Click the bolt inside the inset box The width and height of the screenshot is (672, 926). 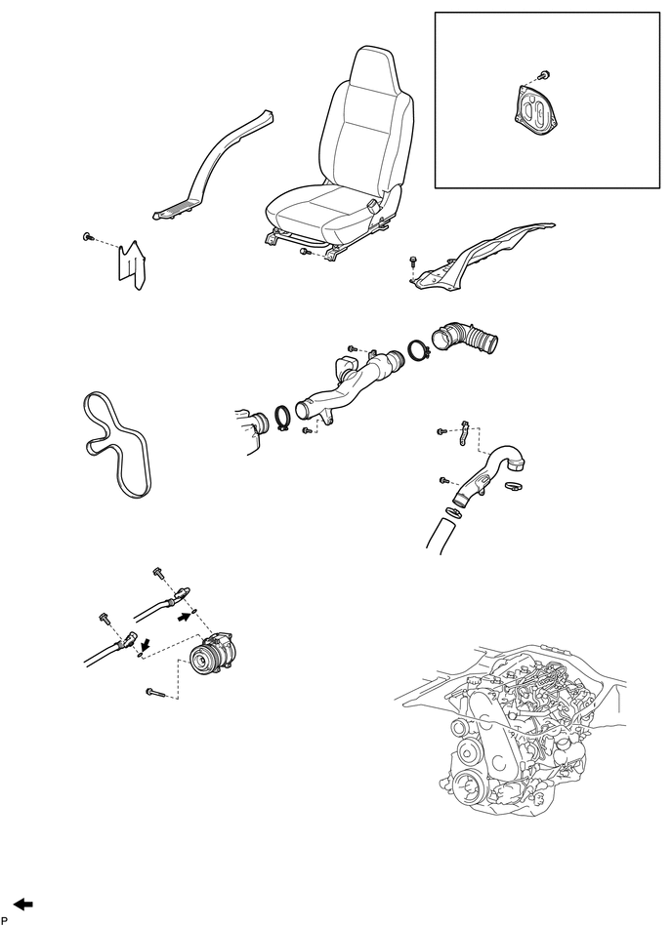[544, 74]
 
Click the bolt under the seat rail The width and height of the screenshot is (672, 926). [305, 252]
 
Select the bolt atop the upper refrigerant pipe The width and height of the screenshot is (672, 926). [157, 571]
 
